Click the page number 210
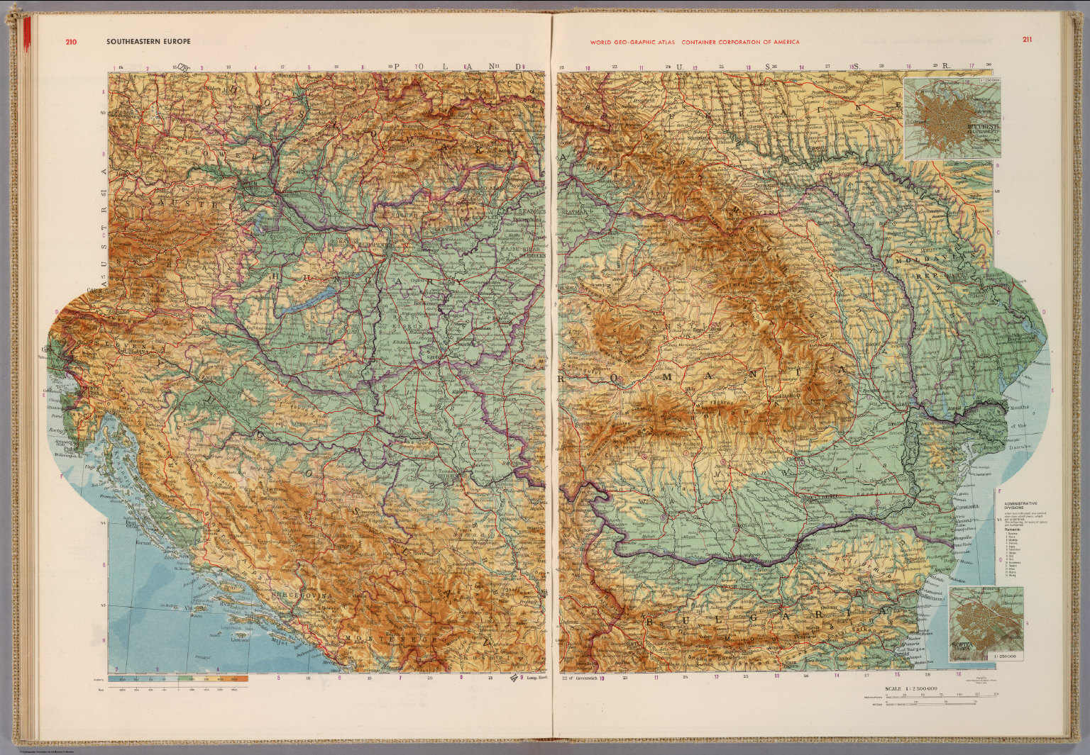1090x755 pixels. click(x=70, y=42)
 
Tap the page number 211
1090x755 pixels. click(x=1027, y=40)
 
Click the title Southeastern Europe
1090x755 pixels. click(x=148, y=42)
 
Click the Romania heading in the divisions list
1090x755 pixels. click(x=1015, y=529)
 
